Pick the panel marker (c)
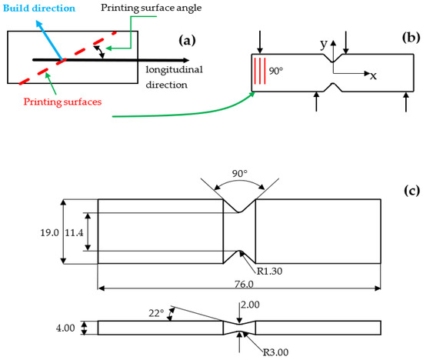pos(405,187)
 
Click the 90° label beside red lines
pos(276,72)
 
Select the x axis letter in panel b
pos(373,76)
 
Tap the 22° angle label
pos(158,314)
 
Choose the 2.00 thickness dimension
pos(251,305)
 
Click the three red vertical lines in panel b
pos(261,72)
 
